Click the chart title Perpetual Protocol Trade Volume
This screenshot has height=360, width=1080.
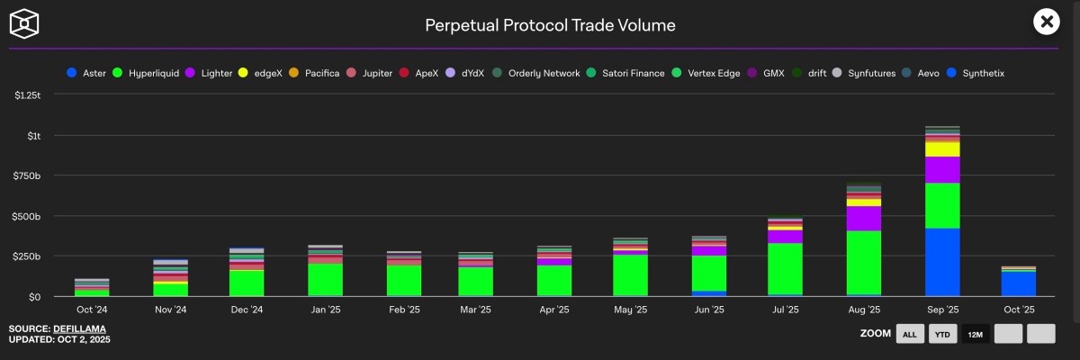[550, 25]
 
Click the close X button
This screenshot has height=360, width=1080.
[1046, 22]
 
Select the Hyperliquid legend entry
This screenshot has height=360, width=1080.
[148, 73]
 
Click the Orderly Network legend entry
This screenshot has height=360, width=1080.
[537, 73]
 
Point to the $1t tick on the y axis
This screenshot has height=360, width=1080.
[34, 135]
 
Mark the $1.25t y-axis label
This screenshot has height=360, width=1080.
[28, 94]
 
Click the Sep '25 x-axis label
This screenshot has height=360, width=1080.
[941, 310]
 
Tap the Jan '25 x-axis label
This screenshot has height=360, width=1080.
[326, 310]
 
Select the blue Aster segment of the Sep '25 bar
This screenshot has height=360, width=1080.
[941, 262]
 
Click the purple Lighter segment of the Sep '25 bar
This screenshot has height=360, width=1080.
[941, 169]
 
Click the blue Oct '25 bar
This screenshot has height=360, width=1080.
[1019, 283]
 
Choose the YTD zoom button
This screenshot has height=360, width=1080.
[940, 334]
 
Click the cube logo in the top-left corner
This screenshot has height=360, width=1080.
[27, 24]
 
